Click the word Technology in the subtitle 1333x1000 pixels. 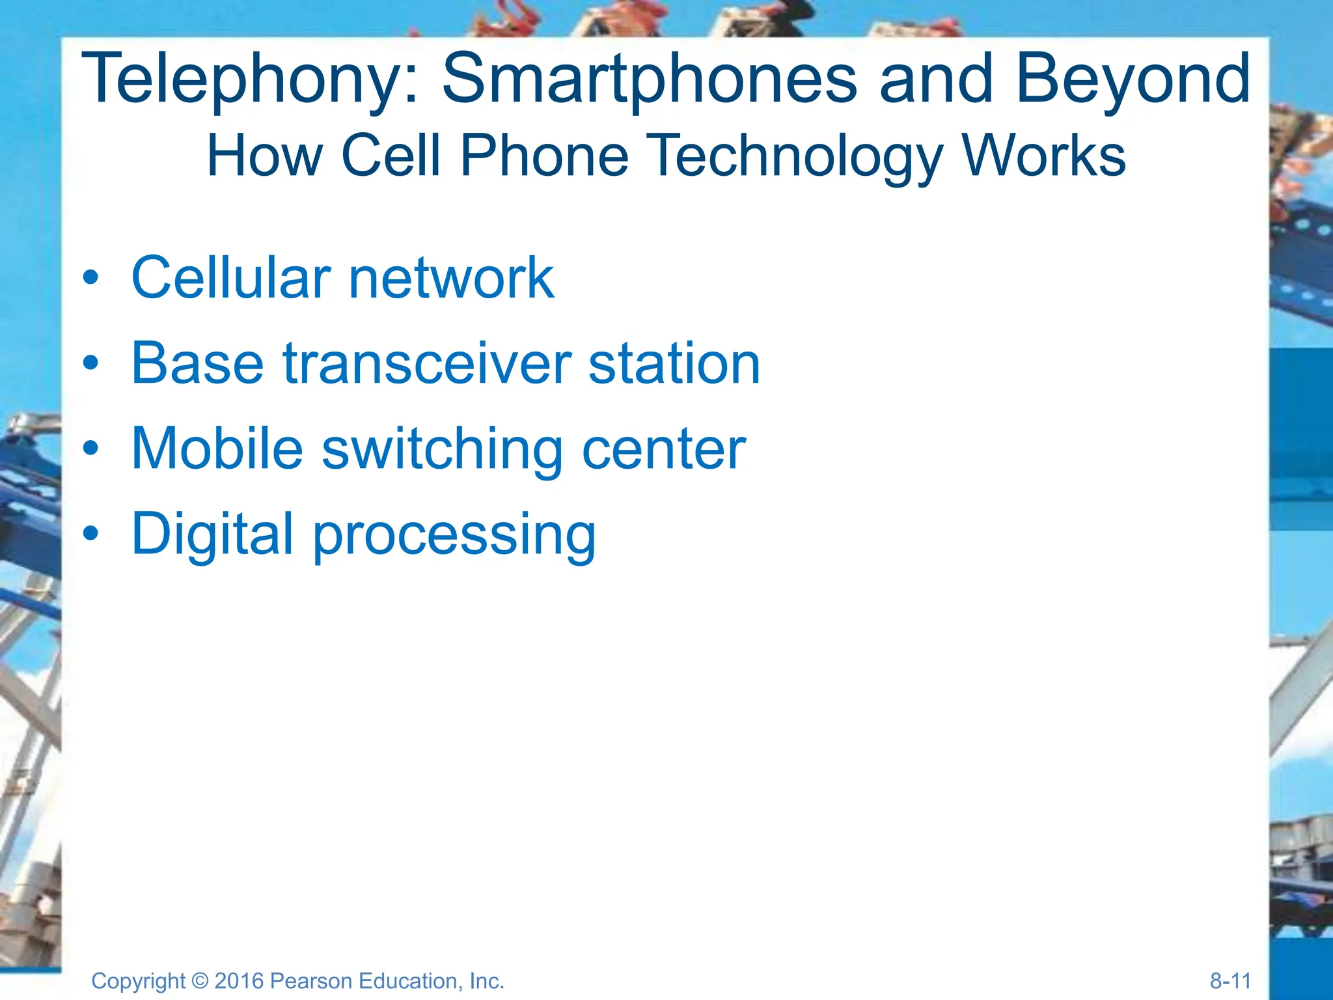(796, 157)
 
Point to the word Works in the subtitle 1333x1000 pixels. (1044, 156)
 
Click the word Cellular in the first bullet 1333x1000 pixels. (231, 278)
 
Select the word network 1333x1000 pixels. (451, 278)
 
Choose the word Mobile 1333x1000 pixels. (217, 449)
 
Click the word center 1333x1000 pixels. (663, 450)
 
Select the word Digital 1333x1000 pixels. (212, 534)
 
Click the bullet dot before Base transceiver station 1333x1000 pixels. (91, 363)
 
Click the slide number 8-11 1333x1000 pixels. (1230, 980)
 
